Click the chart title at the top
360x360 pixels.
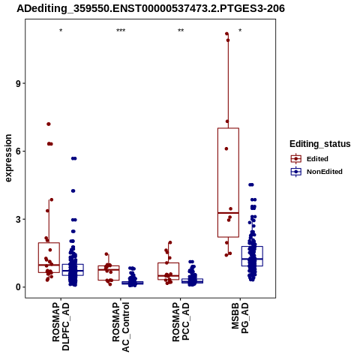151,8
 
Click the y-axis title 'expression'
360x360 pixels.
8,158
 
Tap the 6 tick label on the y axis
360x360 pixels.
18,151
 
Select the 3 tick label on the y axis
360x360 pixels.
18,219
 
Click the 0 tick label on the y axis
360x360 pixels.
18,287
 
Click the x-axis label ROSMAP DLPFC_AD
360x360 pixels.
61,326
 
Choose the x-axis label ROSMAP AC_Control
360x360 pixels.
121,327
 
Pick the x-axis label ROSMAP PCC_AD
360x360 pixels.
181,322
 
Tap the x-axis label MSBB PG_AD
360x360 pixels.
240,318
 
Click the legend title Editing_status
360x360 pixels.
320,144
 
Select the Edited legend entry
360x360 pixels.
310,159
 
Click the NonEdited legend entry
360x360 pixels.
316,172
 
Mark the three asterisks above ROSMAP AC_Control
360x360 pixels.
121,31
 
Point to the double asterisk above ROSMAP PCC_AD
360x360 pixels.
181,31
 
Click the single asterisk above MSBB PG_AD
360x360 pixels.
240,31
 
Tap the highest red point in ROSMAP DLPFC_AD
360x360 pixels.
49,124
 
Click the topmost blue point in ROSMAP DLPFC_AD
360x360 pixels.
74,158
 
